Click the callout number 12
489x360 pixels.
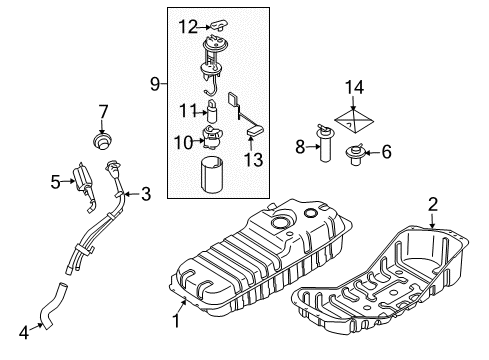pyautogui.click(x=188, y=27)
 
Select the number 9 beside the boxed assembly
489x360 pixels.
pyautogui.click(x=155, y=84)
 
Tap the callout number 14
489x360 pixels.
pyautogui.click(x=354, y=87)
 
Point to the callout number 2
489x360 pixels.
pyautogui.click(x=432, y=204)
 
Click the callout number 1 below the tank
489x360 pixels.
pyautogui.click(x=176, y=321)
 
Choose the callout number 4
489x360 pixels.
pyautogui.click(x=24, y=332)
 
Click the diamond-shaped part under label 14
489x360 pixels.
pyautogui.click(x=354, y=121)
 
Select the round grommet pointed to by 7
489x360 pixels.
pyautogui.click(x=102, y=141)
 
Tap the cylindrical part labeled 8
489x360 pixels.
pyautogui.click(x=325, y=144)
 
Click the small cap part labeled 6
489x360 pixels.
pyautogui.click(x=354, y=154)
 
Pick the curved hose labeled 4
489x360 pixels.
pyautogui.click(x=52, y=306)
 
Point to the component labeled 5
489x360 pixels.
pyautogui.click(x=84, y=186)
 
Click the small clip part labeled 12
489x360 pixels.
pyautogui.click(x=219, y=25)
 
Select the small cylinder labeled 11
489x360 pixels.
pyautogui.click(x=212, y=111)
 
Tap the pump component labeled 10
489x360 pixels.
pyautogui.click(x=211, y=137)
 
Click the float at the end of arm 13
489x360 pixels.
pyautogui.click(x=256, y=131)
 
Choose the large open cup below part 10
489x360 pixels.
pyautogui.click(x=212, y=175)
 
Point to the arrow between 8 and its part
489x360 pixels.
pyautogui.click(x=313, y=146)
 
